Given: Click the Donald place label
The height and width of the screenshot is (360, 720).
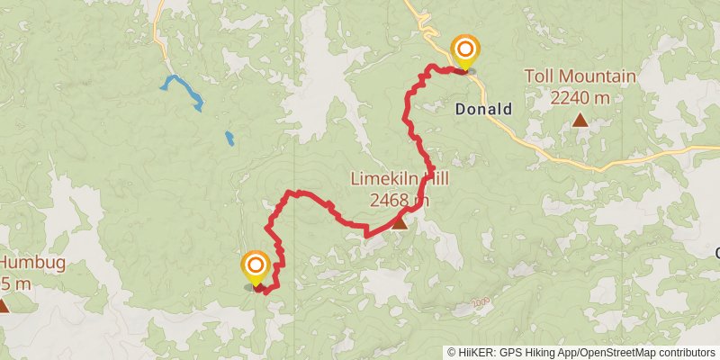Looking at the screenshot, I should click(483, 110).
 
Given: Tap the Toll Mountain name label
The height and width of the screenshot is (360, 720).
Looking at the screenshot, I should click(581, 76).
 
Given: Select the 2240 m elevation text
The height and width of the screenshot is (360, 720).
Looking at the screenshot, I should click(581, 96).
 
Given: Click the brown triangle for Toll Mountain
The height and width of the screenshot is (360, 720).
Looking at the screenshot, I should click(581, 120).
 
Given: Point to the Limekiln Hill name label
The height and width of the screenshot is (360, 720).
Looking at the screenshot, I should click(399, 179).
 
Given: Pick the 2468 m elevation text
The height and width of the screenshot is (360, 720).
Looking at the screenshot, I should click(399, 199).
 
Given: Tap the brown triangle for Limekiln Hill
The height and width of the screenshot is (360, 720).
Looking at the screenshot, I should click(399, 221).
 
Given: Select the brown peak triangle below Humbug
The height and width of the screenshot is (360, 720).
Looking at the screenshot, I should click(4, 306).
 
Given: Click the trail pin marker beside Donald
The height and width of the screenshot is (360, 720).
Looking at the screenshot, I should click(465, 50).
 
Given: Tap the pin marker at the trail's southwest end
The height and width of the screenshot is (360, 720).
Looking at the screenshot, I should click(256, 266).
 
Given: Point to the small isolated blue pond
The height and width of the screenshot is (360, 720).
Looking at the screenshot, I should click(229, 139).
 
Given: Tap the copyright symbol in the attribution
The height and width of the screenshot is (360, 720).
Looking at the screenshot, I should click(452, 353).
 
